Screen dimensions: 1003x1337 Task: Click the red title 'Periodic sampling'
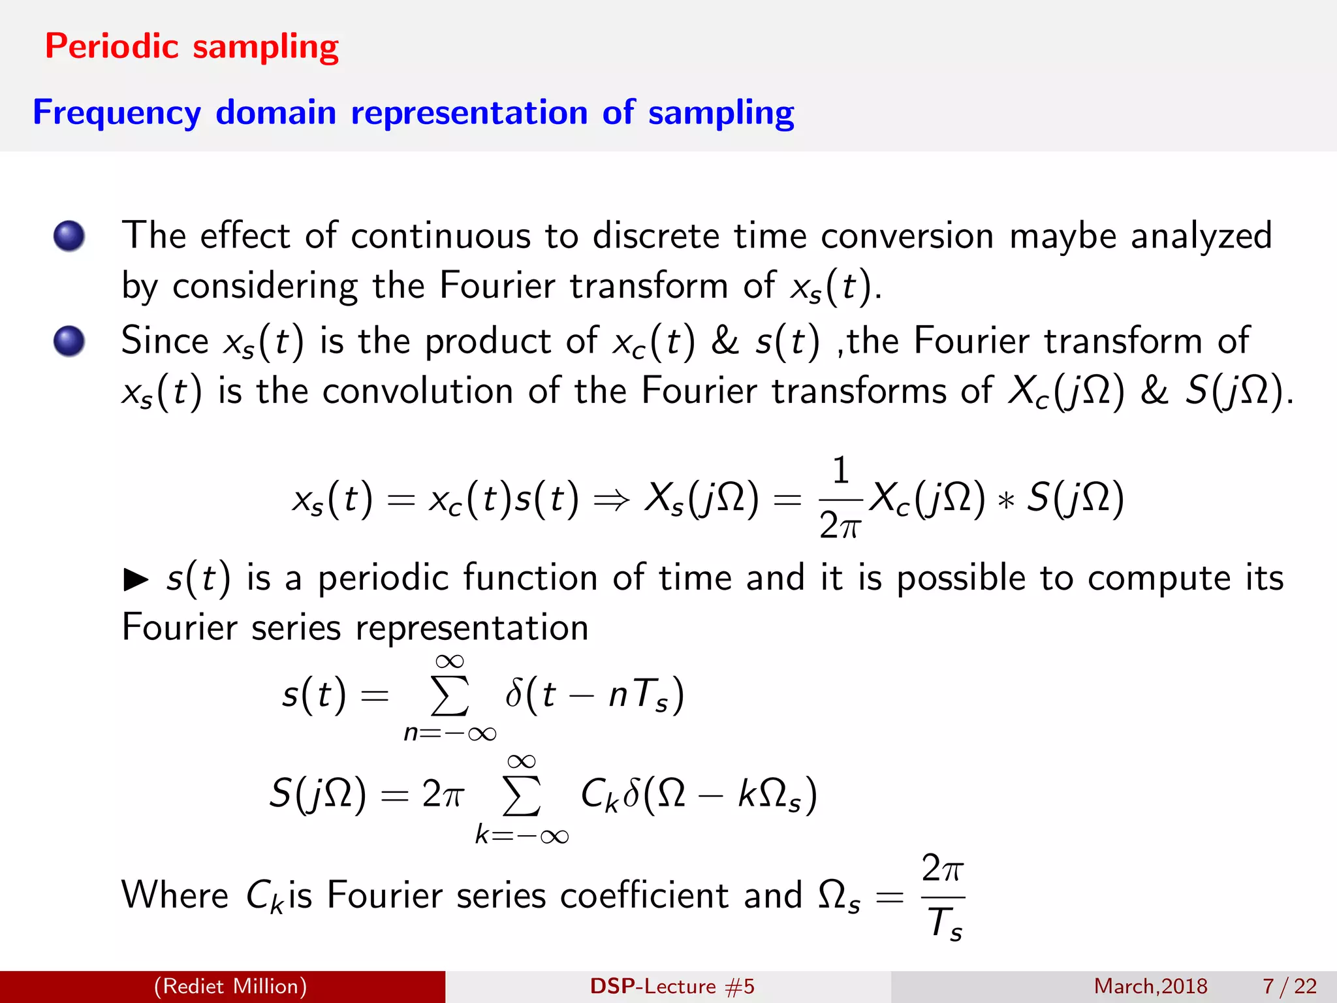pos(191,47)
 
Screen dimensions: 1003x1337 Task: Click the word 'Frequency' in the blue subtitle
pos(117,113)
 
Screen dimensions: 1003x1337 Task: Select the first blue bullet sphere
pos(69,236)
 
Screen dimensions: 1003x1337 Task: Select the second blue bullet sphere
pos(69,341)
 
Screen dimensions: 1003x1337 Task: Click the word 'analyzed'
pos(1201,236)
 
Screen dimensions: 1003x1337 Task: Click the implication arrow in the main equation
pos(612,500)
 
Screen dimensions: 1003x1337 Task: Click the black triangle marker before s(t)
pos(136,579)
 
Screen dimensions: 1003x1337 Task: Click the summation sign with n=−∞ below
pos(450,696)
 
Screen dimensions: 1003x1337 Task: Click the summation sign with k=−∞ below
pos(522,797)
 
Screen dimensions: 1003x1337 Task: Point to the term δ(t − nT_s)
pos(594,694)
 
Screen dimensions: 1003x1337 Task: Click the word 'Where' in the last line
pos(175,895)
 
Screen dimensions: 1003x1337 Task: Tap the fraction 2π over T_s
pos(943,897)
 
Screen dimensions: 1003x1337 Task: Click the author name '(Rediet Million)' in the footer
pos(230,986)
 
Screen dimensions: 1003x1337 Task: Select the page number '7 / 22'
pos(1290,986)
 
